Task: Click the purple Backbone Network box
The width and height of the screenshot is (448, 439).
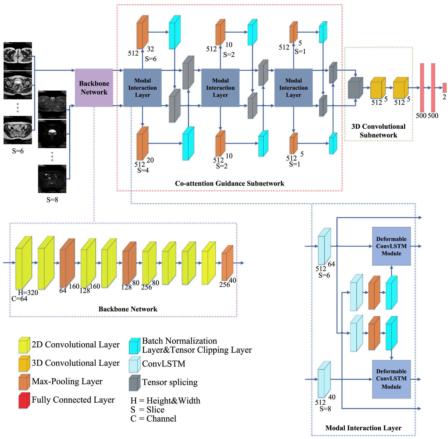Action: [x=94, y=88]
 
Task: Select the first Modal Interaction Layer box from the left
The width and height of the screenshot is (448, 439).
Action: [x=142, y=88]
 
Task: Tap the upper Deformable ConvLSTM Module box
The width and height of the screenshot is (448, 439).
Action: [x=391, y=246]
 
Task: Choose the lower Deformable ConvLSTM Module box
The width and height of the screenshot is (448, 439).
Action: [x=391, y=379]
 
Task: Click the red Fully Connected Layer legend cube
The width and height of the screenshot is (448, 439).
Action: [x=24, y=401]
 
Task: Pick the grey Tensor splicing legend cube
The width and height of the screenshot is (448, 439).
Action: [x=135, y=383]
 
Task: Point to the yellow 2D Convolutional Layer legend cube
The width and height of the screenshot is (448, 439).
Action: [x=24, y=345]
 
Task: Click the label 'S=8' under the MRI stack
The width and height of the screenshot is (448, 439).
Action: [x=52, y=200]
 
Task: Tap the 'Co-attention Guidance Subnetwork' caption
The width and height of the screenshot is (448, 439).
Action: [x=229, y=184]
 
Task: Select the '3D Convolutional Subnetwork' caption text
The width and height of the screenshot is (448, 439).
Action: [x=378, y=131]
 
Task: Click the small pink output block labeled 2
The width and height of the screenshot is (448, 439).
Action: [x=444, y=88]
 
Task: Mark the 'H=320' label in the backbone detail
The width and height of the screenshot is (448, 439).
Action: [x=28, y=293]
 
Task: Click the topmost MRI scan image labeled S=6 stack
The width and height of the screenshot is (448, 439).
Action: [x=18, y=56]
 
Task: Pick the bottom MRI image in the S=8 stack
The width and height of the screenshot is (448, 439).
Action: [x=52, y=179]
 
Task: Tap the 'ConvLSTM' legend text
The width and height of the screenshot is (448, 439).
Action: [x=164, y=364]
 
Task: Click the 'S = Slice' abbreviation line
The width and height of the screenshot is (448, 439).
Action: [x=148, y=410]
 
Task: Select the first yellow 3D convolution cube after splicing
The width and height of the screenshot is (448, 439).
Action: [x=378, y=88]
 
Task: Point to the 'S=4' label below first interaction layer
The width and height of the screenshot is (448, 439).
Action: [x=143, y=171]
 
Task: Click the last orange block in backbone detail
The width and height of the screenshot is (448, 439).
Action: [x=227, y=263]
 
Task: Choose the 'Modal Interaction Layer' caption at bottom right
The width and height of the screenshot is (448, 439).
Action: [x=363, y=428]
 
